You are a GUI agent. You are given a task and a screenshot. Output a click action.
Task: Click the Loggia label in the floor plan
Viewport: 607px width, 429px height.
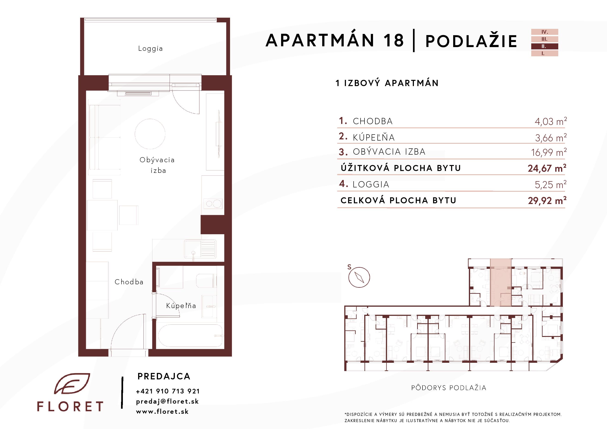(x=150, y=49)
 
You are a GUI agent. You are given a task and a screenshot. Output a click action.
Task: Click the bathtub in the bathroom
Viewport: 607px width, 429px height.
(x=190, y=336)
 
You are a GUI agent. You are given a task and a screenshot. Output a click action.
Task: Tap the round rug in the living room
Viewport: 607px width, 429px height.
(x=150, y=134)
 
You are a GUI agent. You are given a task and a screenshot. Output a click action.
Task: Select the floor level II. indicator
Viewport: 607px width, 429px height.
(x=545, y=46)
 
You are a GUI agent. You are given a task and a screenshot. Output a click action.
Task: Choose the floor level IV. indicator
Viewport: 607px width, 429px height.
(x=545, y=32)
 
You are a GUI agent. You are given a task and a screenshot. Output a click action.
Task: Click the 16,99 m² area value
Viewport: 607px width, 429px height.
(x=549, y=152)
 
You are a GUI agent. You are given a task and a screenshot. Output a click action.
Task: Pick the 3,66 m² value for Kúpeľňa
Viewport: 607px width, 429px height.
(x=551, y=137)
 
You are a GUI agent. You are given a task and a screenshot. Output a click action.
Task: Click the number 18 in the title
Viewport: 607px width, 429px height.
(x=394, y=40)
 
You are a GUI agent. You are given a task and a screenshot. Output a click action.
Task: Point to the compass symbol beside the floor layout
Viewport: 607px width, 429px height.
(x=359, y=277)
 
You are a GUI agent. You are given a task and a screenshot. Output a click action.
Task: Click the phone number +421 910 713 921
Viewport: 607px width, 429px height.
(x=168, y=391)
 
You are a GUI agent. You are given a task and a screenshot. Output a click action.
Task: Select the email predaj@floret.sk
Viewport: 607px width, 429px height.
(x=167, y=401)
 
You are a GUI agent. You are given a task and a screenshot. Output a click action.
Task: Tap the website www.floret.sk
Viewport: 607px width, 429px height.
(x=162, y=411)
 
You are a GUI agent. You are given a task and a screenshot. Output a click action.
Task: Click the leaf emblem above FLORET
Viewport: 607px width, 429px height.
(x=72, y=384)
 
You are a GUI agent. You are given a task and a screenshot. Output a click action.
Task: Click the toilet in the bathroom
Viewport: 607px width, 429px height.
(x=206, y=281)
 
